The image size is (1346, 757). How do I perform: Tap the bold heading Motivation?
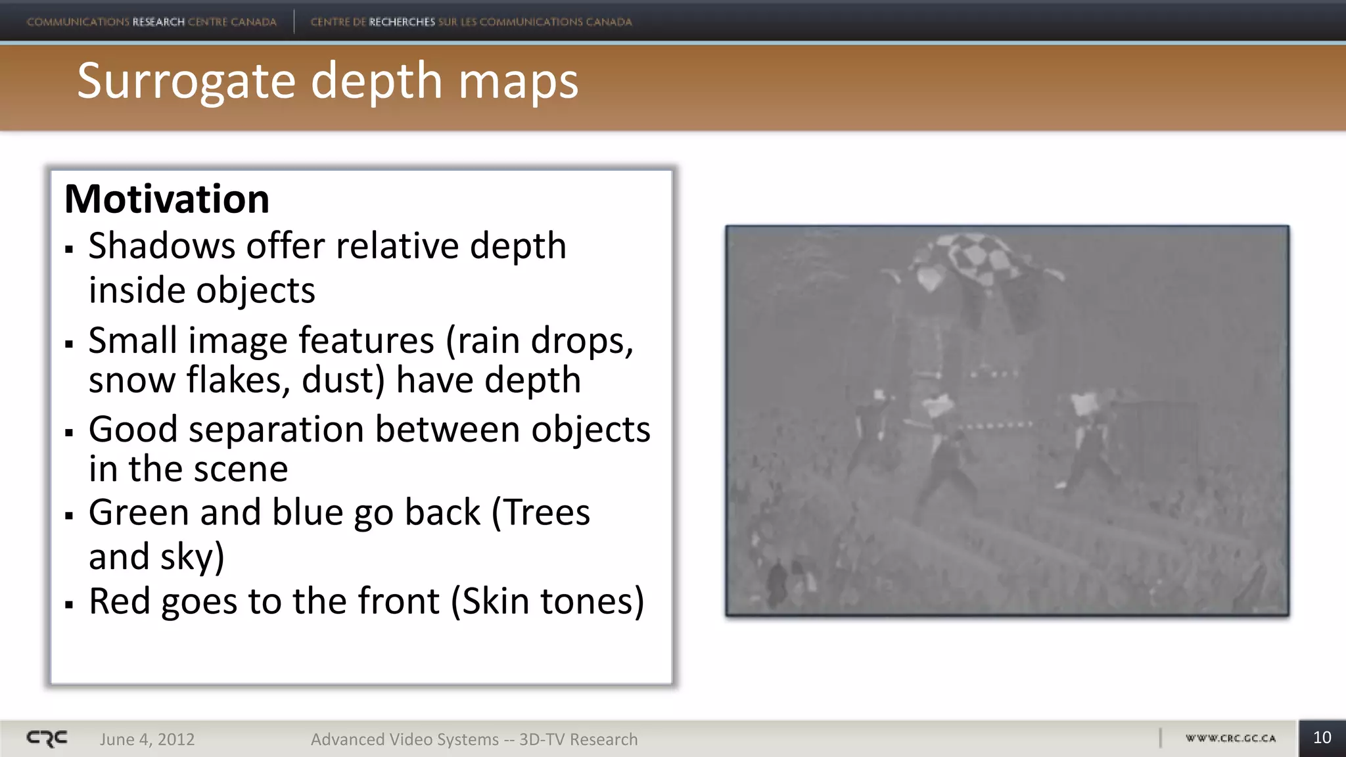[x=167, y=198]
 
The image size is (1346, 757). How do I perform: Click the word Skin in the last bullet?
[x=495, y=601]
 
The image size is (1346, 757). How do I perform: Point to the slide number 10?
[x=1322, y=738]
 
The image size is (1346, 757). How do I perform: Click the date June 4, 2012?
[x=147, y=739]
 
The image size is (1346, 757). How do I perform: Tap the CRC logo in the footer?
[x=47, y=739]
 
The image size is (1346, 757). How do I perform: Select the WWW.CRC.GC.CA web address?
[x=1230, y=739]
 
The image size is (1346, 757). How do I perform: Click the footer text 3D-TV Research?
[x=578, y=739]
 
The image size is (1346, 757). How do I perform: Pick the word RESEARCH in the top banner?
[x=158, y=22]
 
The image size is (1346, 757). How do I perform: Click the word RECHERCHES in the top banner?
[x=402, y=22]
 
